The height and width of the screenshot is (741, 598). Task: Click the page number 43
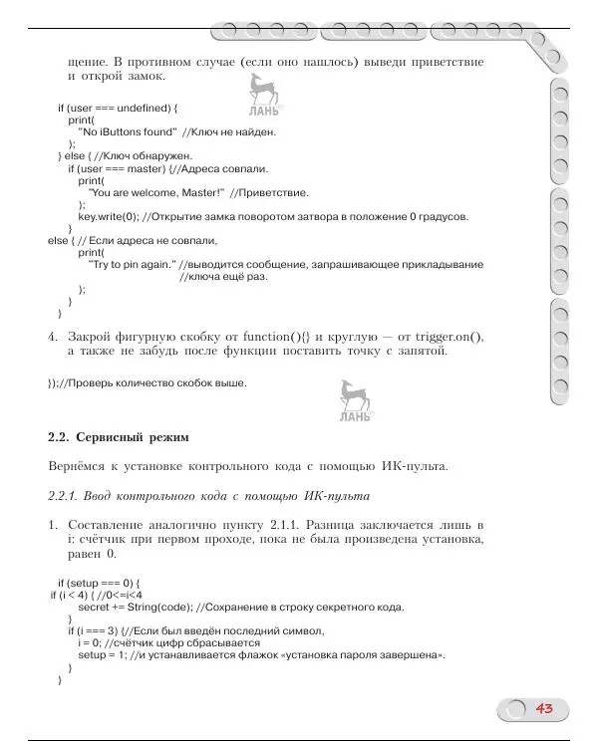544,708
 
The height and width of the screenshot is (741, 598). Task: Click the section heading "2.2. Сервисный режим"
119,436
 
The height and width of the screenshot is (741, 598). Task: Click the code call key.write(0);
110,216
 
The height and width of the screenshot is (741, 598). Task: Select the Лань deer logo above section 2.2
355,402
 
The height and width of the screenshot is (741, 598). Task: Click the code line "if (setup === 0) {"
100,583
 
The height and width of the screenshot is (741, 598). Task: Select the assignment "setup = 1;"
106,655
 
